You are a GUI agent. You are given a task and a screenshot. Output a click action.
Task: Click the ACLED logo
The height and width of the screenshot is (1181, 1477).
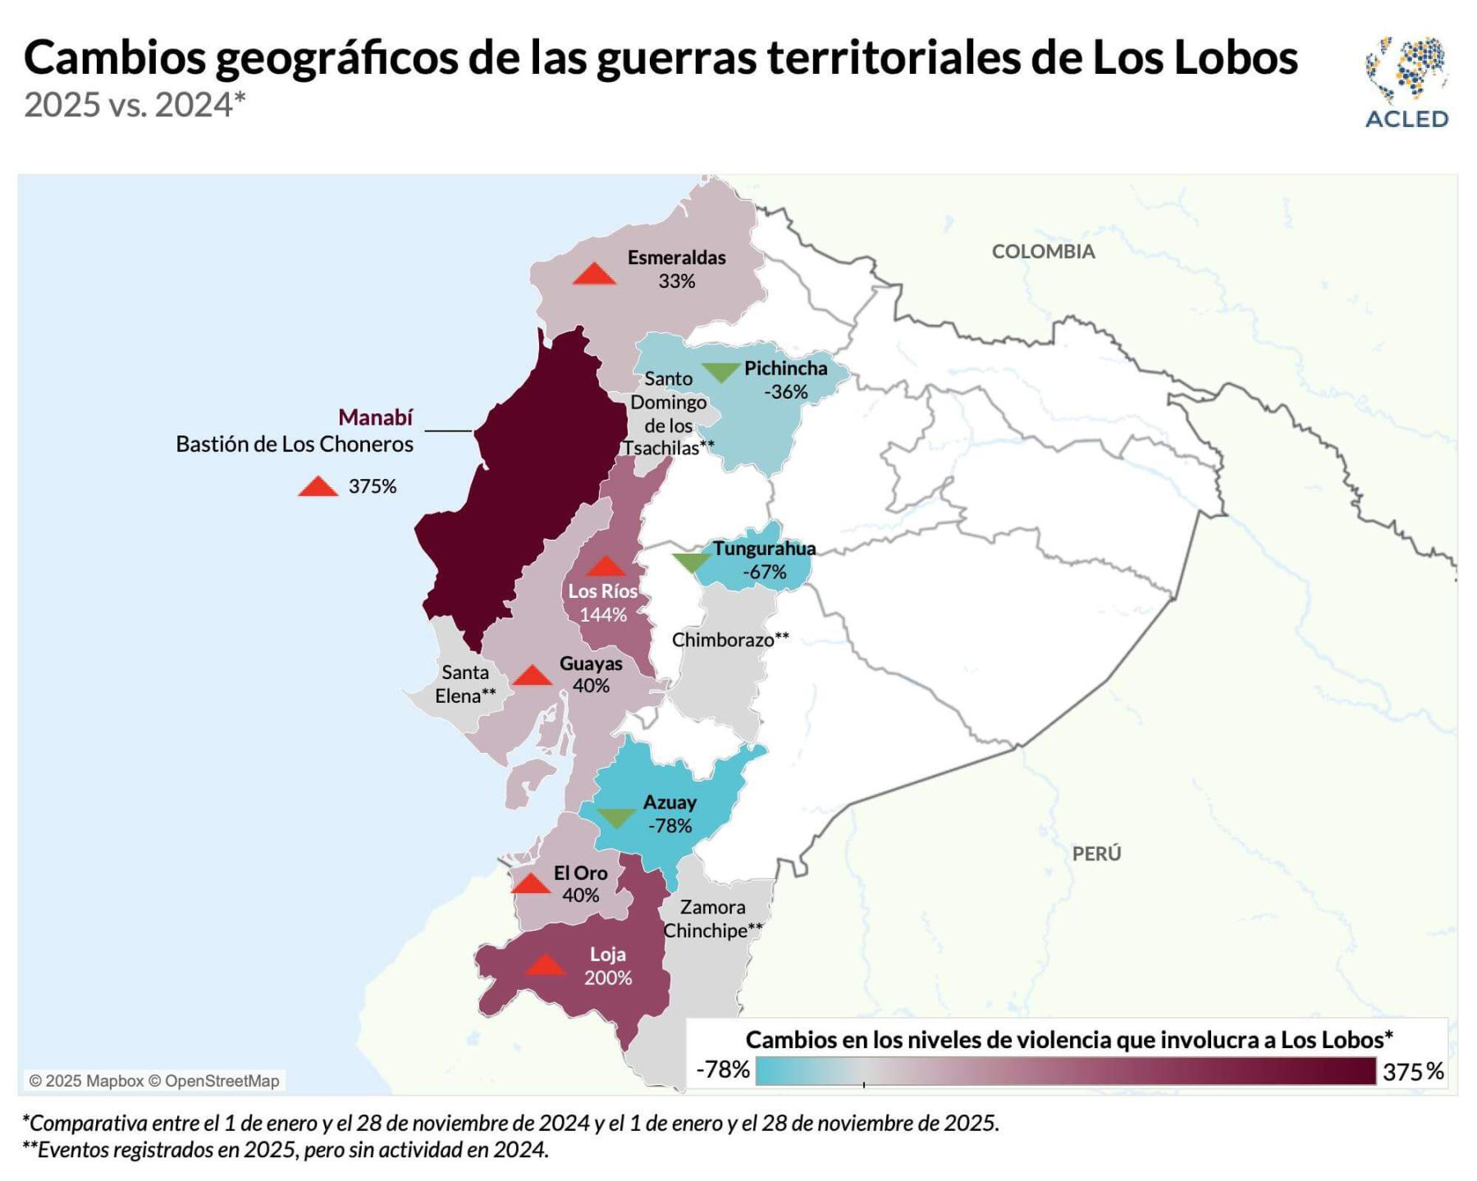[x=1406, y=82]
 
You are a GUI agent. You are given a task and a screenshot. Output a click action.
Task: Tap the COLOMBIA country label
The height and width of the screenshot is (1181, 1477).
[x=1043, y=252]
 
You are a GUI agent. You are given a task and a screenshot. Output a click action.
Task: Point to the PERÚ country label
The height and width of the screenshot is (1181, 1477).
[x=1096, y=854]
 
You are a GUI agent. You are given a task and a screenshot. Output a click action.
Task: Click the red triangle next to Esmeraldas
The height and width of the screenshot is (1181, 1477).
[x=594, y=275]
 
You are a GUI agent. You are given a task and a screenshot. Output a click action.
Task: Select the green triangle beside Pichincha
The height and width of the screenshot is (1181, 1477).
[x=720, y=372]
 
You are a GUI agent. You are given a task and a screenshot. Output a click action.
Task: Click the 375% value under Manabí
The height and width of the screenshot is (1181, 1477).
[x=372, y=486]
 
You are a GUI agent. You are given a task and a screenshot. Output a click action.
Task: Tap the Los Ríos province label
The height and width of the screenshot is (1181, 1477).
[x=602, y=591]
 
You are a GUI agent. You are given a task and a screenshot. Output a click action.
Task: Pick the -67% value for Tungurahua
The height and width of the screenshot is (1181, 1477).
[x=764, y=572]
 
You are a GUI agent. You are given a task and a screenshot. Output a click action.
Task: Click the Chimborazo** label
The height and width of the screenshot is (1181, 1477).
[x=729, y=640]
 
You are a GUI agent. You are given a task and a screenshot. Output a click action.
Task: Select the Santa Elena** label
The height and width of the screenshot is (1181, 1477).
[x=465, y=684]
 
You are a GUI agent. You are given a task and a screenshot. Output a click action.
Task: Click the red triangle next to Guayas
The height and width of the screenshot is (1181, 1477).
[x=532, y=676]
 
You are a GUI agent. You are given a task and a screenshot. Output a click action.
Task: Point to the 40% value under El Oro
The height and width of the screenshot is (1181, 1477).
[x=580, y=896]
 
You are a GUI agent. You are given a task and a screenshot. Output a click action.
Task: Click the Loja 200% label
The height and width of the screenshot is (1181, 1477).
[x=607, y=966]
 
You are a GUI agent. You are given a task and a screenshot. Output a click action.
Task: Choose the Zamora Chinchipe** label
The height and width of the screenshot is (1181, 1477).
[x=712, y=919]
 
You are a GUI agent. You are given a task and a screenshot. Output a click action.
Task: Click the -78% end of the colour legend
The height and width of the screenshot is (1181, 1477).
[x=723, y=1069]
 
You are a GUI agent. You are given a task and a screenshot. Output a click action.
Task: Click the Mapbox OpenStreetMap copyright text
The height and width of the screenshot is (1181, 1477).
[x=154, y=1081]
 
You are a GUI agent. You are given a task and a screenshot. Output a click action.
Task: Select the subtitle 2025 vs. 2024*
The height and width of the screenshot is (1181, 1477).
[x=135, y=105]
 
